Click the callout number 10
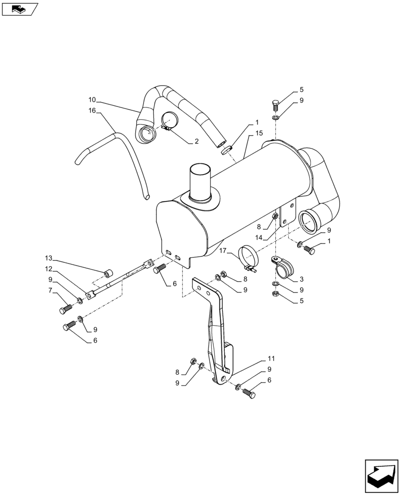pyautogui.click(x=92, y=99)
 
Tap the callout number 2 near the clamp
pyautogui.click(x=197, y=141)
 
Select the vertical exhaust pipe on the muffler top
pyautogui.click(x=200, y=183)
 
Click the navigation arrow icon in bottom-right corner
pyautogui.click(x=381, y=476)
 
